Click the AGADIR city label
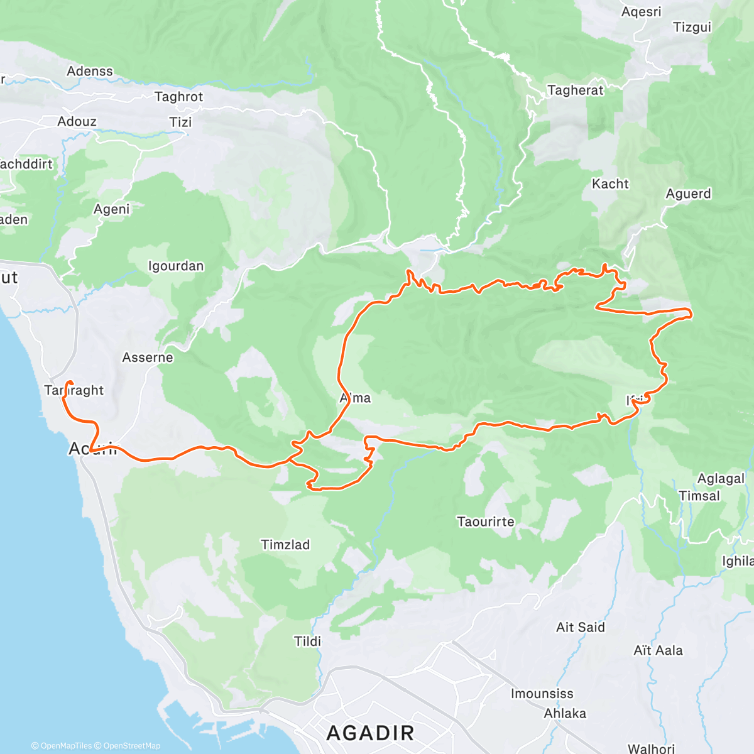click(x=371, y=733)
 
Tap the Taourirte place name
click(x=485, y=522)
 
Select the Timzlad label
click(x=285, y=544)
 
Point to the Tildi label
click(x=307, y=641)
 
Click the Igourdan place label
click(x=176, y=266)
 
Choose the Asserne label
click(x=147, y=357)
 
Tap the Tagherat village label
click(x=575, y=90)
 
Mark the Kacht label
click(x=610, y=183)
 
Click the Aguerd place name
click(x=688, y=194)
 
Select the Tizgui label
click(x=692, y=27)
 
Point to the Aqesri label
click(x=641, y=11)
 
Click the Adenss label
click(x=90, y=71)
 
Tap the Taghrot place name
click(x=178, y=97)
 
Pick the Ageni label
click(x=111, y=209)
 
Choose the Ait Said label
click(x=580, y=627)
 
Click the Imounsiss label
click(x=542, y=694)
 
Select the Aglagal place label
click(x=721, y=478)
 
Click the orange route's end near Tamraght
click(x=69, y=383)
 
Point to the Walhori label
click(x=651, y=748)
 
